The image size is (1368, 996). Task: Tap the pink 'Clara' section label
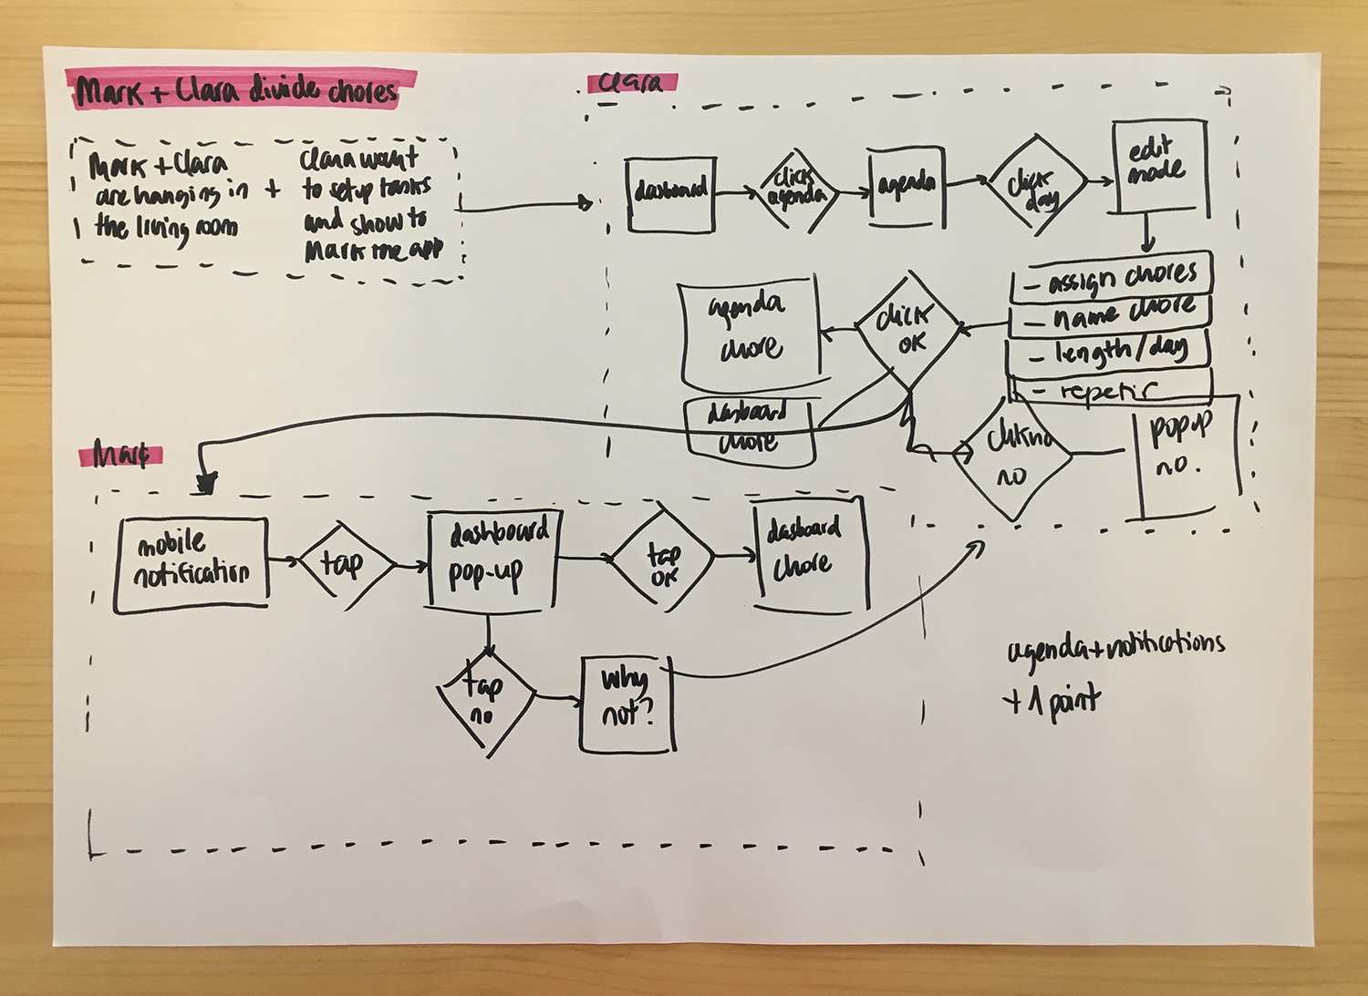tap(632, 83)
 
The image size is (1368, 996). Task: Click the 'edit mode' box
tap(1159, 168)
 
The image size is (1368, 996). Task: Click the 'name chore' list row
tap(1112, 314)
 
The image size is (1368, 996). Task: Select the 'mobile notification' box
tap(192, 563)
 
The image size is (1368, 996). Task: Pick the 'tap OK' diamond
tap(663, 560)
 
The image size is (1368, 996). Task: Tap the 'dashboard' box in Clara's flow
tap(671, 192)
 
